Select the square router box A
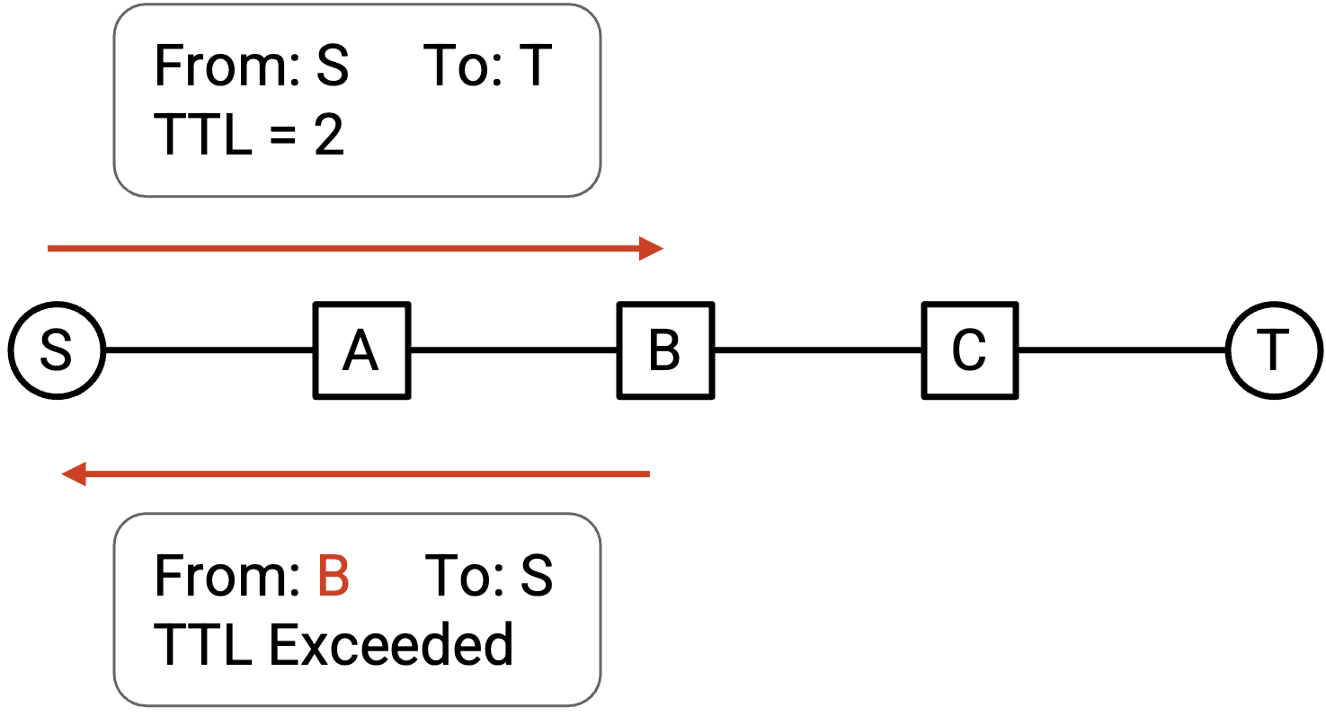click(361, 350)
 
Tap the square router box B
click(666, 350)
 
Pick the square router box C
click(970, 350)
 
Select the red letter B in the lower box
click(334, 575)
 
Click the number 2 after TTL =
click(329, 135)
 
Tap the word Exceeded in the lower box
click(391, 644)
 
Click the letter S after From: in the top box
click(333, 65)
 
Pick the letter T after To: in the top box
click(535, 65)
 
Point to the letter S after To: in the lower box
click(537, 575)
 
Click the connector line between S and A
click(209, 350)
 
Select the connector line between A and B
click(514, 350)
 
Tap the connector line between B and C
click(818, 350)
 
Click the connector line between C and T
click(1122, 350)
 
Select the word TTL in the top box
click(203, 135)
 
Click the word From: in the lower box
click(227, 575)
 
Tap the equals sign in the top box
click(283, 137)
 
